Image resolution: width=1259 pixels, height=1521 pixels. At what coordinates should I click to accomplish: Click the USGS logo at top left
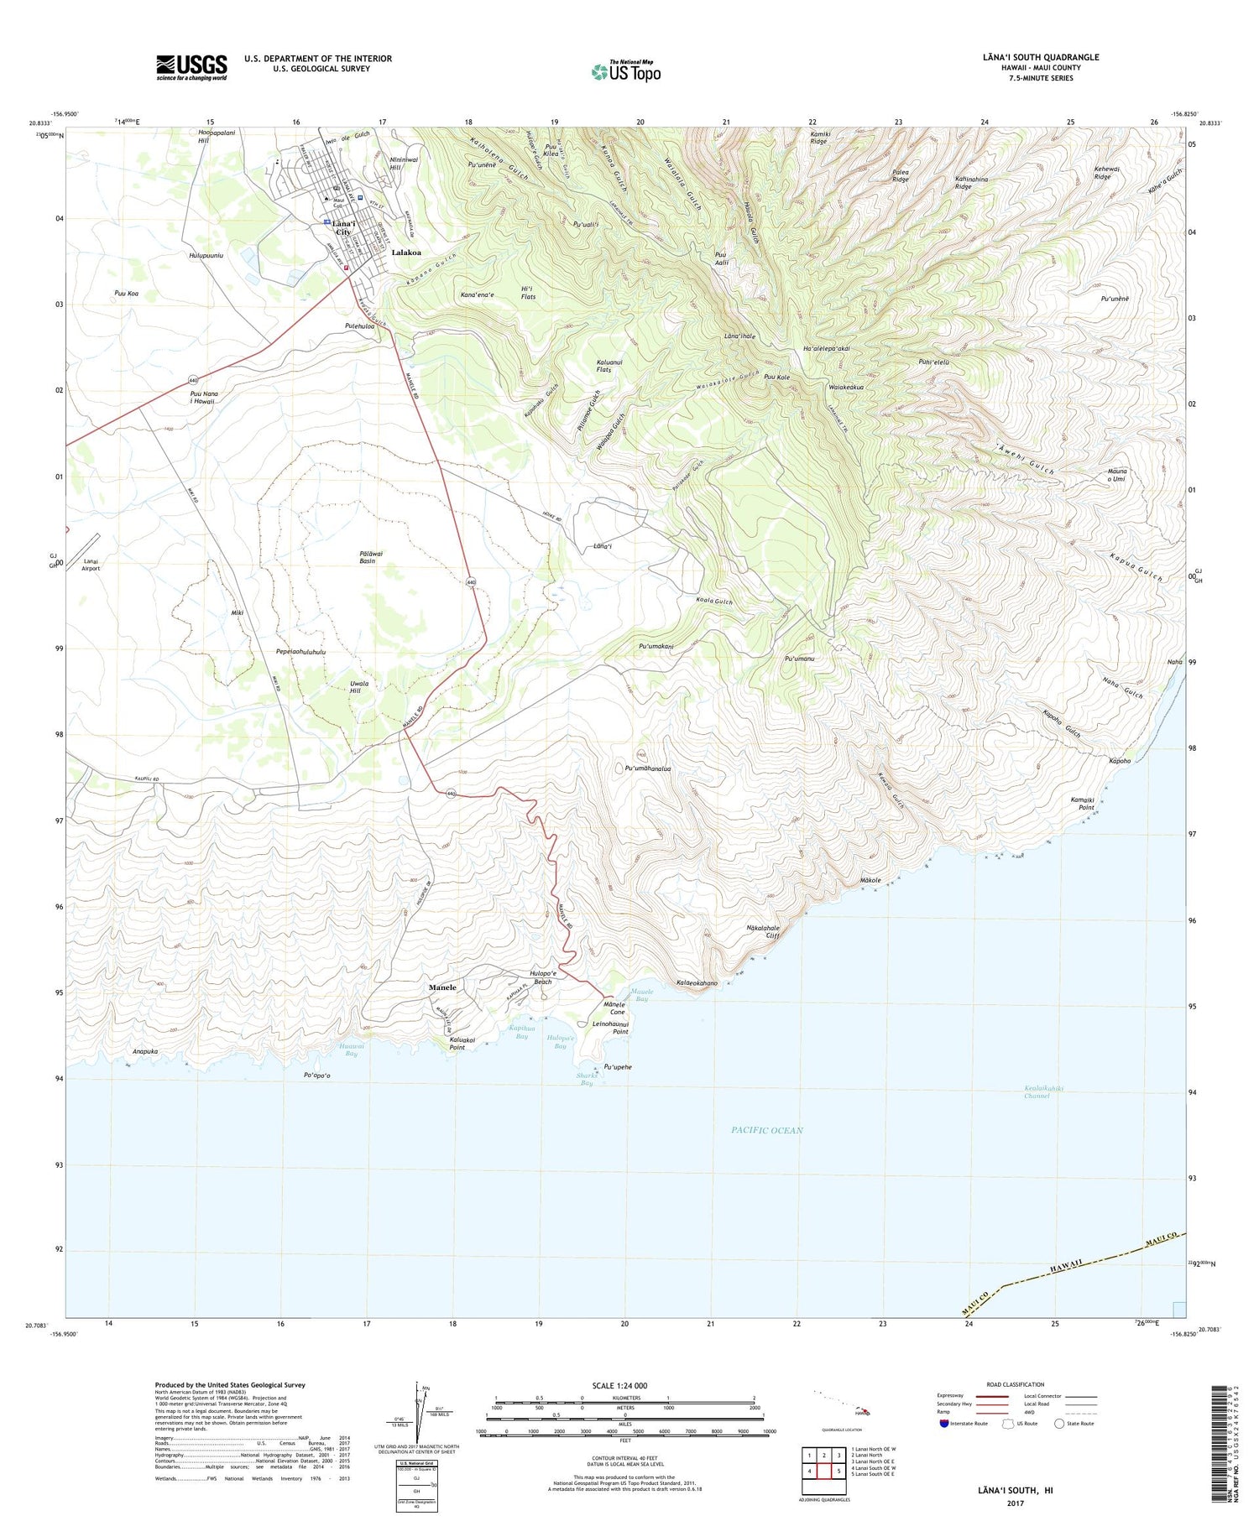(191, 67)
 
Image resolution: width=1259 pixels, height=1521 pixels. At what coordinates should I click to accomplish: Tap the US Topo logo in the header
(625, 71)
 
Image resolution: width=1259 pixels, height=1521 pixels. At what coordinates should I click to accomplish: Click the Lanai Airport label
(91, 565)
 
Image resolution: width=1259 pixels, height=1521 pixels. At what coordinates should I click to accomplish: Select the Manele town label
(442, 987)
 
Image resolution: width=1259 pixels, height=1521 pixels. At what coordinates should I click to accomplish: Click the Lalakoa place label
(406, 253)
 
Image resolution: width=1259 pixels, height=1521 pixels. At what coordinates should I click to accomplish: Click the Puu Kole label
(776, 378)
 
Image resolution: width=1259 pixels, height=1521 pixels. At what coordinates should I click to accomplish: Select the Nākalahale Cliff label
(763, 931)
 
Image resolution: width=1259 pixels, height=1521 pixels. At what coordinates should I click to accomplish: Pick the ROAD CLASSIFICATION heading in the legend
(1016, 1384)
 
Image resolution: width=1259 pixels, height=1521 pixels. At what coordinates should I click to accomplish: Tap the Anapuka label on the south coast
(144, 1051)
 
